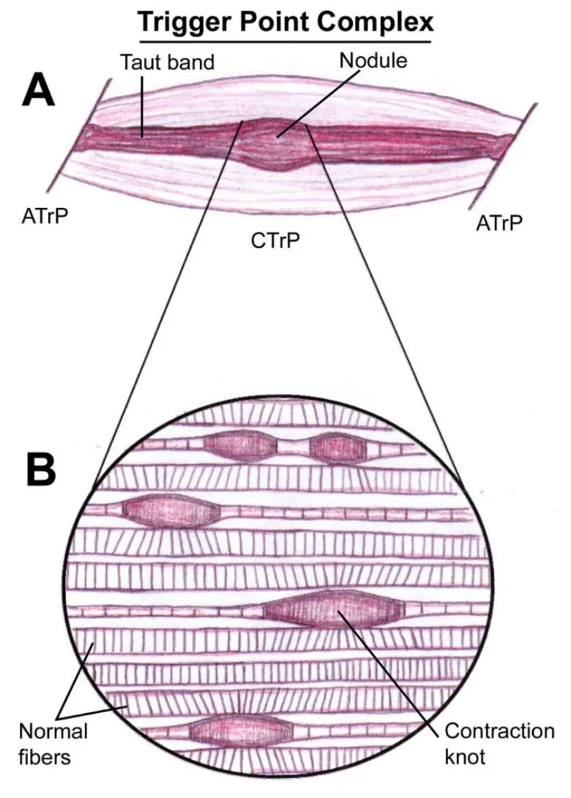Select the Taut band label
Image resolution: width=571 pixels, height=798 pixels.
[167, 62]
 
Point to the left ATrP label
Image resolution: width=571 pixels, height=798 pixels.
[44, 216]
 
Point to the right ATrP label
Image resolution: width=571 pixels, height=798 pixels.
[500, 223]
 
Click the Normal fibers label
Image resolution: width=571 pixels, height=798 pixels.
[53, 743]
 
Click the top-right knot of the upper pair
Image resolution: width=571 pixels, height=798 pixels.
[337, 447]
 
